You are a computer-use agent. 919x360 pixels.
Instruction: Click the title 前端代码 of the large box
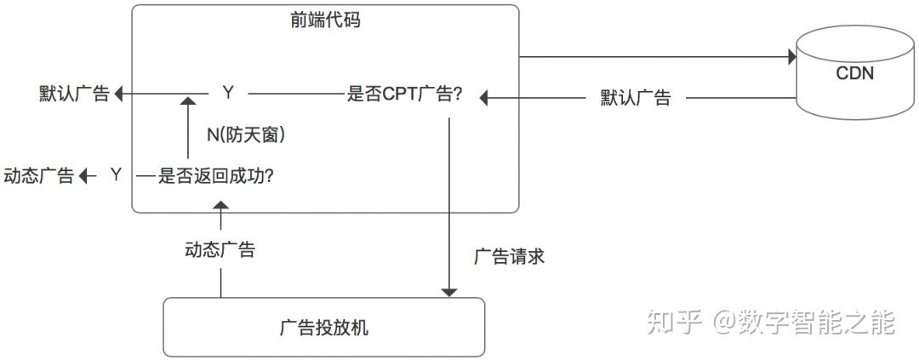click(x=324, y=20)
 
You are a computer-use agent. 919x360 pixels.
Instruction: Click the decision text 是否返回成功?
click(x=216, y=175)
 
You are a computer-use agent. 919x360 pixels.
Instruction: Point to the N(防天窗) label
click(x=246, y=134)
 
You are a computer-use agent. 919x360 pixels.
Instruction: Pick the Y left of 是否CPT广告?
click(x=227, y=93)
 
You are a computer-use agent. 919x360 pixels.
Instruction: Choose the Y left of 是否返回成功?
click(x=117, y=175)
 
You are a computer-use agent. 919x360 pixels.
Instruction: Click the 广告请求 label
click(x=509, y=255)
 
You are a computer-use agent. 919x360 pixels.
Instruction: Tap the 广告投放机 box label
click(x=323, y=328)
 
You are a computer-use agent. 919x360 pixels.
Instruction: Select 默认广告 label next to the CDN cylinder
click(x=636, y=98)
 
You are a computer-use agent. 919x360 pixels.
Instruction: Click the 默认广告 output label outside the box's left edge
click(x=74, y=94)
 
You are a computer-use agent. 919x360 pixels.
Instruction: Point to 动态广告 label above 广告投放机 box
click(x=220, y=250)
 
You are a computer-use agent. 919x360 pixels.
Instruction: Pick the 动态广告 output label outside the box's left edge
click(x=39, y=176)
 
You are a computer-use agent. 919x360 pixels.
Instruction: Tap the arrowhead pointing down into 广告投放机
click(x=449, y=292)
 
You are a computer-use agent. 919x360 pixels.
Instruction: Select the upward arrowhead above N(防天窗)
click(x=186, y=101)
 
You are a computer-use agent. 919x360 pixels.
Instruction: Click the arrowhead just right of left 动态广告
click(x=84, y=176)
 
